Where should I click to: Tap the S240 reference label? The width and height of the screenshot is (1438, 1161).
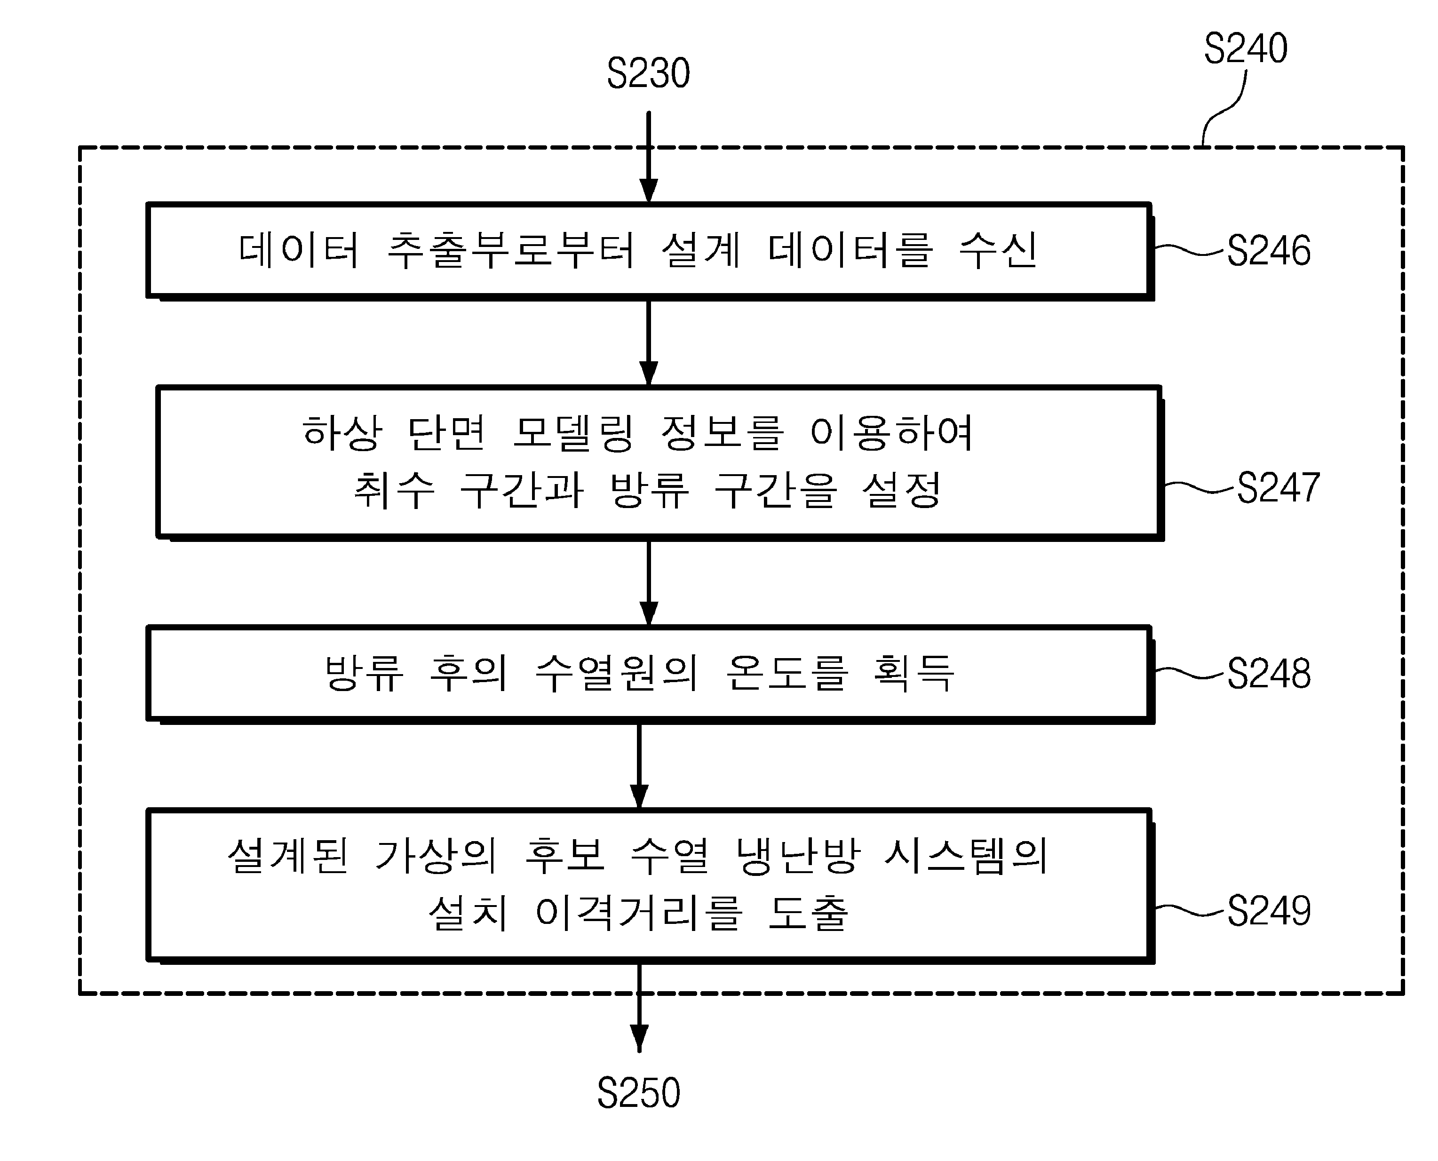tap(1246, 48)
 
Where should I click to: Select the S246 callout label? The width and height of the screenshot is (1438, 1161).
tap(1269, 251)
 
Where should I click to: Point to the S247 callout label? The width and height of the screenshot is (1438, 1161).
tap(1278, 487)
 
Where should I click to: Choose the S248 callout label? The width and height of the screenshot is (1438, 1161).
tap(1269, 674)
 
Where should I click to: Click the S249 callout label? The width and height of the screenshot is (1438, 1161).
tap(1269, 911)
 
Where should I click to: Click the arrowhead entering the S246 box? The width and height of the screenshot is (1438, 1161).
tap(649, 191)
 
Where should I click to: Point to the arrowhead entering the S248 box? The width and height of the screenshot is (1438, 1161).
tap(649, 614)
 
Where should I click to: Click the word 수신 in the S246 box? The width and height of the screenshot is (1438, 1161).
tap(998, 250)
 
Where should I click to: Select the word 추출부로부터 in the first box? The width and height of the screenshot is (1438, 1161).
tap(511, 250)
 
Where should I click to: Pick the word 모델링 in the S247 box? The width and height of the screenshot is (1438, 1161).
tap(573, 433)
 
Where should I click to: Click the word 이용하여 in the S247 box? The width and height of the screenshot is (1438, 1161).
tap(891, 433)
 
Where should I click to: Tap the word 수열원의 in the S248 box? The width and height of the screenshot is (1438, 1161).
tap(617, 673)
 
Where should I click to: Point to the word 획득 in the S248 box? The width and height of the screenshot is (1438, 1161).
tap(914, 673)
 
